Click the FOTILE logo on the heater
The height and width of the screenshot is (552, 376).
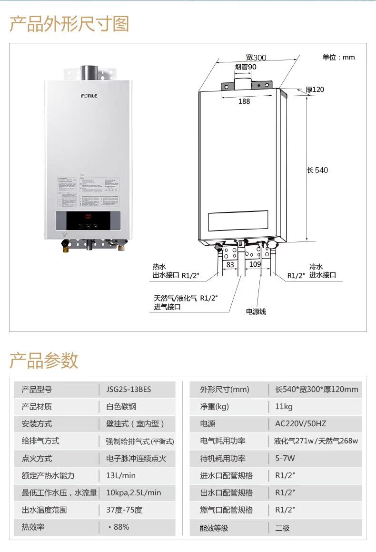point(89,96)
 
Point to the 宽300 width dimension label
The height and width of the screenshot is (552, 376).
point(256,58)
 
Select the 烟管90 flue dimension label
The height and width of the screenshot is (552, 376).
point(246,67)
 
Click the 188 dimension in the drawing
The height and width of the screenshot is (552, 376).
point(244,101)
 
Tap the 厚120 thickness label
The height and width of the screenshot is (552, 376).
point(315,90)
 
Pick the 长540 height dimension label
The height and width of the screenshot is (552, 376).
point(317,170)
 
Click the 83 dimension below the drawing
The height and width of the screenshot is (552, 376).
point(230,264)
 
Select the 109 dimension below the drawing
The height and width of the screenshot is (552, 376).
point(255,264)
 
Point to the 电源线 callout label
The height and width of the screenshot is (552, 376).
point(256,311)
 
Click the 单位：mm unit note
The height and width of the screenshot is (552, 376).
point(338,58)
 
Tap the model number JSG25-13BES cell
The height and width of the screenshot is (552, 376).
point(129,390)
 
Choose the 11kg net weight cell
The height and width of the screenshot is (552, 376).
point(284,407)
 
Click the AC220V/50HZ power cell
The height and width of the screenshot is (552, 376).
point(301,424)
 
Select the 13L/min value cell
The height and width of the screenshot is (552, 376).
point(121,475)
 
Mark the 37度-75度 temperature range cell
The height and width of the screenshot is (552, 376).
point(124,510)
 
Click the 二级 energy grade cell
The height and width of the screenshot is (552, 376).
point(282,528)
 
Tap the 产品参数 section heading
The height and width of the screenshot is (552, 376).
point(44,361)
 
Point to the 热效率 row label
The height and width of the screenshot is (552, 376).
point(34,527)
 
